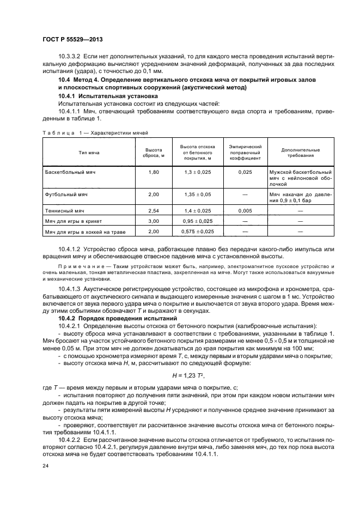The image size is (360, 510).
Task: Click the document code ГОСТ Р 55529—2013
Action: [72, 40]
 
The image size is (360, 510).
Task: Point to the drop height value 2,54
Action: [154, 210]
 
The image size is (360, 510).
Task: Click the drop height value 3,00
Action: [154, 221]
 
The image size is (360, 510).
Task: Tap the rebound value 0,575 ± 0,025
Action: [196, 232]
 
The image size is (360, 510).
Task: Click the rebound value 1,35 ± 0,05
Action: [196, 193]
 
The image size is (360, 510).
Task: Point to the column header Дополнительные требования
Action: [300, 152]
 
